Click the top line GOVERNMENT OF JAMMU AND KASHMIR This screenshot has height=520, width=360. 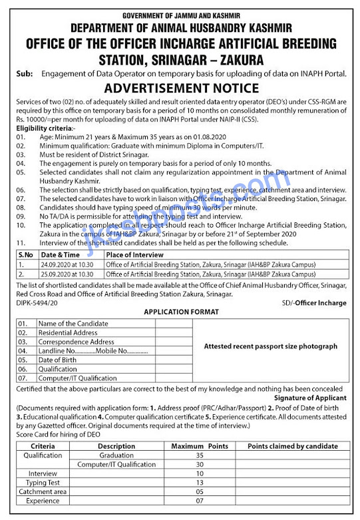[180, 15]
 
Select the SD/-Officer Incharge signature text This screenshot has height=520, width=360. [313, 303]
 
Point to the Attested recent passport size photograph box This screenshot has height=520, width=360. [270, 346]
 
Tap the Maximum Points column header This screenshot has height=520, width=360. [200, 445]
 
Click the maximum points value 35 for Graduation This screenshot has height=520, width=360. [200, 455]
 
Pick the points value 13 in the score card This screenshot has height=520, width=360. [200, 482]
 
